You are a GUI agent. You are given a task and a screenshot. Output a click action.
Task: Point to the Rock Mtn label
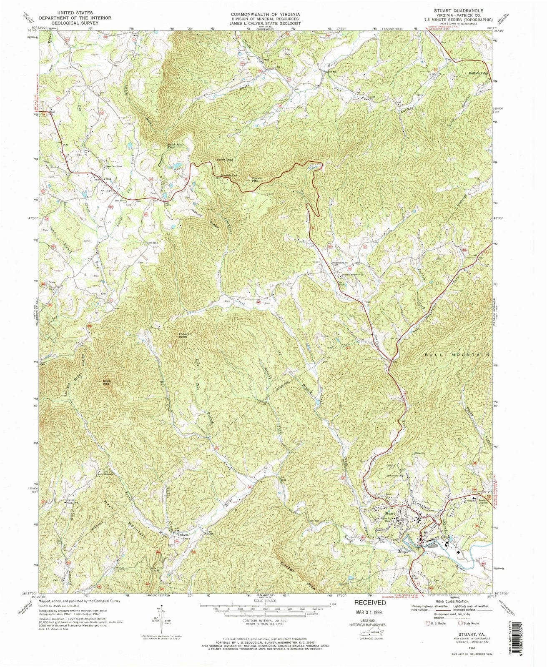(x=106, y=382)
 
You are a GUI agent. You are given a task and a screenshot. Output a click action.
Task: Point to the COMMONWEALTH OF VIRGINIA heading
(x=266, y=14)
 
